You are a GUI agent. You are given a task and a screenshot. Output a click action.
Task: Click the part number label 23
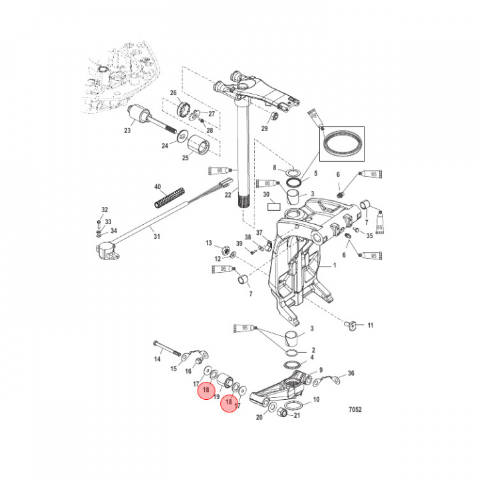pyautogui.click(x=127, y=131)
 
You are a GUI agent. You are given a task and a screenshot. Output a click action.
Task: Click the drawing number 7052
pyautogui.click(x=355, y=410)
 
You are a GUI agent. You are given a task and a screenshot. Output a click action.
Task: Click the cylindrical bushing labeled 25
pyautogui.click(x=198, y=144)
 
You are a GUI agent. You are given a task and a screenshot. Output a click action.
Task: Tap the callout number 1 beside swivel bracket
pyautogui.click(x=335, y=265)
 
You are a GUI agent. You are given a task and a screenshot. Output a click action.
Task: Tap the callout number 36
pyautogui.click(x=351, y=373)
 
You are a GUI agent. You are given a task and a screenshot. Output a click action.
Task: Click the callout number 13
pyautogui.click(x=208, y=243)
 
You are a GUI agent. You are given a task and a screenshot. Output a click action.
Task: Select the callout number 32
pyautogui.click(x=104, y=210)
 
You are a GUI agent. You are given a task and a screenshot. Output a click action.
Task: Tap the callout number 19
pyautogui.click(x=217, y=397)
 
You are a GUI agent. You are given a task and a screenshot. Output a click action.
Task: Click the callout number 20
pyautogui.click(x=259, y=418)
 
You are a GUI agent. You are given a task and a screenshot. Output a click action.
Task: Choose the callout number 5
pyautogui.click(x=316, y=173)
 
